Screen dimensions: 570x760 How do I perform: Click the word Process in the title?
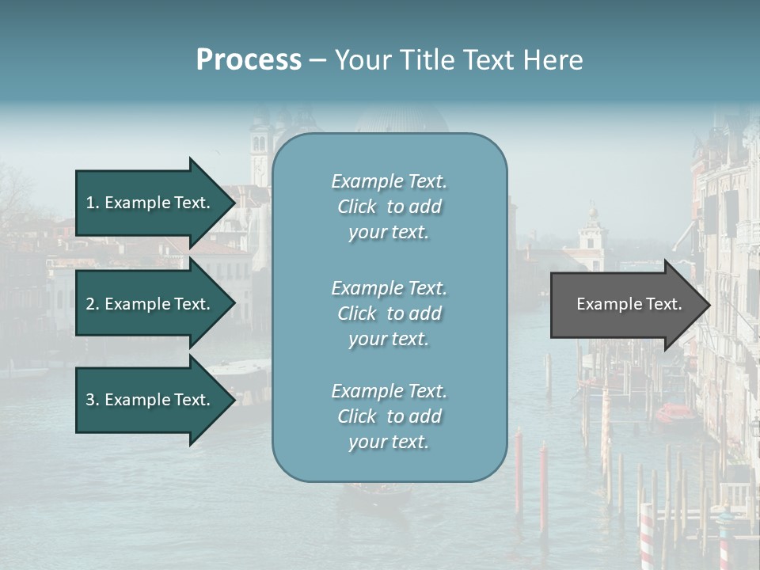pos(249,59)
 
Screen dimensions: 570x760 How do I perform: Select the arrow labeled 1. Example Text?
pos(150,203)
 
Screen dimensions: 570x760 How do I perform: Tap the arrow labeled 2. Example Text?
pos(150,304)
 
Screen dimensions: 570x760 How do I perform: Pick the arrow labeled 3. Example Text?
pos(150,401)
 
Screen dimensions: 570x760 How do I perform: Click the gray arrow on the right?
pos(625,305)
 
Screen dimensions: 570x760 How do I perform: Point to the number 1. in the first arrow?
pos(93,203)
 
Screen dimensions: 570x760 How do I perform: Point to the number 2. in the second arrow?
pos(93,304)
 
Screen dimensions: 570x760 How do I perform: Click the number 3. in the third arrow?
pos(93,401)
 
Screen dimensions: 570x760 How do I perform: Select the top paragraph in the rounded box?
pos(389,207)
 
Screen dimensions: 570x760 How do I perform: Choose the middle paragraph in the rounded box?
pos(389,313)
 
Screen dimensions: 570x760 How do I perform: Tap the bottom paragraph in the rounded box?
pos(389,416)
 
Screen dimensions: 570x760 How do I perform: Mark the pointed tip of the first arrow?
pos(233,203)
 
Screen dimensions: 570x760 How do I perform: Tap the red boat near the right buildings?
pos(674,412)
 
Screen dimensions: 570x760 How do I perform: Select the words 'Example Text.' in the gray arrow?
pos(629,304)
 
